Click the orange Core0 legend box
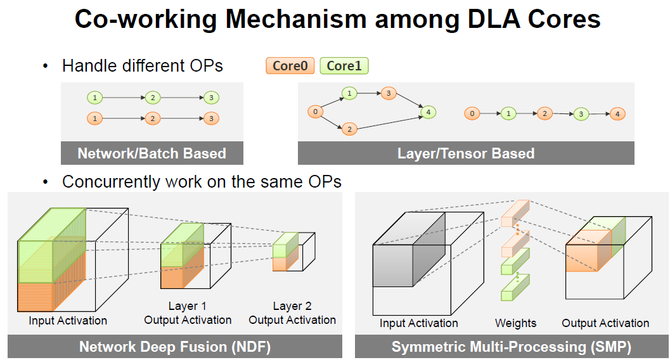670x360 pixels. click(x=290, y=66)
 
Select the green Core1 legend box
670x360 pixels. click(x=344, y=66)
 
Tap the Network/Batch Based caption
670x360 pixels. click(x=151, y=153)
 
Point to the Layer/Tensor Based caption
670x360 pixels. click(x=466, y=153)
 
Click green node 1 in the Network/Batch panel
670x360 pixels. click(x=95, y=98)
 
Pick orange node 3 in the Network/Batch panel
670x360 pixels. click(x=211, y=119)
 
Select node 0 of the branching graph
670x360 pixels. click(x=315, y=112)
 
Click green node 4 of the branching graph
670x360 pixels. click(x=428, y=112)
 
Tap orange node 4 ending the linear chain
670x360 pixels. click(x=617, y=114)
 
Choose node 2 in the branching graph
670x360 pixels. click(x=349, y=129)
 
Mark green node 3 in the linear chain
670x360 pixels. click(x=581, y=115)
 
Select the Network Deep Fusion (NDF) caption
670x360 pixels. click(x=175, y=347)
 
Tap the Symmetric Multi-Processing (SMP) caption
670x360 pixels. click(x=512, y=347)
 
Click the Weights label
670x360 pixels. click(x=516, y=323)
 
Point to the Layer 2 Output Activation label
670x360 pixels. click(x=292, y=313)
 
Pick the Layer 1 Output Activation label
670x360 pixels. click(x=188, y=313)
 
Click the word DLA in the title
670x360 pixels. click(x=494, y=19)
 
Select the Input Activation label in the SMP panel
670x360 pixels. click(x=419, y=323)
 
